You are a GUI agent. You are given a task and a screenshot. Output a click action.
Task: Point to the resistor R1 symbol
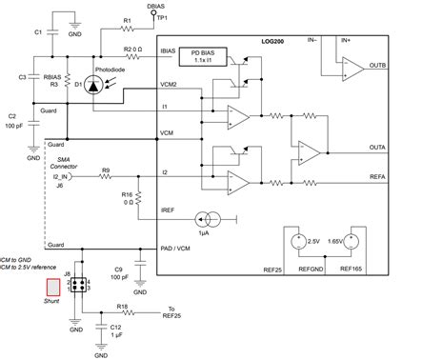127,28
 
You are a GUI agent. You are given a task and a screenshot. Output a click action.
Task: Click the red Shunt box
20,286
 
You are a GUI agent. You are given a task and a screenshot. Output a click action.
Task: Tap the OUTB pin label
376,66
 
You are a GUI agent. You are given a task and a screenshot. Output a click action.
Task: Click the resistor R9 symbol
107,176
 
